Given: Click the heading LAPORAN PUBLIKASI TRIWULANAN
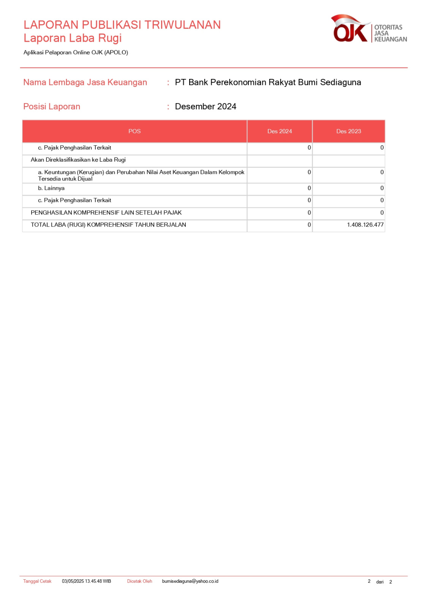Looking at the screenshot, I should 122,25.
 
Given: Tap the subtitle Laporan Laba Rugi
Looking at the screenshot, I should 73,38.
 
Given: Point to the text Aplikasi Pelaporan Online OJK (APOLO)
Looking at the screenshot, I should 76,52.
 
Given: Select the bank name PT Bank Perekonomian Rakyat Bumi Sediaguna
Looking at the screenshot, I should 268,82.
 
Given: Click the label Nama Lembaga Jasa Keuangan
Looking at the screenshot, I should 85,82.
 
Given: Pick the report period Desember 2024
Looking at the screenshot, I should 206,107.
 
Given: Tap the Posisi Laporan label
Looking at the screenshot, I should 52,107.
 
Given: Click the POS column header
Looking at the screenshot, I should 134,131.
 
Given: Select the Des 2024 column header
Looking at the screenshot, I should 280,131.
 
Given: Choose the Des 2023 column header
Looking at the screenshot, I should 348,131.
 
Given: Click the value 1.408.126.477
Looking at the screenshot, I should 365,225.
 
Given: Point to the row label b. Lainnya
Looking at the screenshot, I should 51,188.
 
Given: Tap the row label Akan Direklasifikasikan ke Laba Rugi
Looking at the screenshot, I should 78,160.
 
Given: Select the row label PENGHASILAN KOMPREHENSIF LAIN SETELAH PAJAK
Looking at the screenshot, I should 106,213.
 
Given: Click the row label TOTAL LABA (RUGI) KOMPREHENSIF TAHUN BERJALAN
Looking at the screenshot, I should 108,225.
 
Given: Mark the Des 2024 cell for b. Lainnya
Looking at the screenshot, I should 309,188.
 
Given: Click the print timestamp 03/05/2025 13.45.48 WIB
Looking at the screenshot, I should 87,581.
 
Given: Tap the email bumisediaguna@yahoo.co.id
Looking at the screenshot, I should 190,581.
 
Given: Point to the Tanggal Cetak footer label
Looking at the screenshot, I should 37,581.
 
